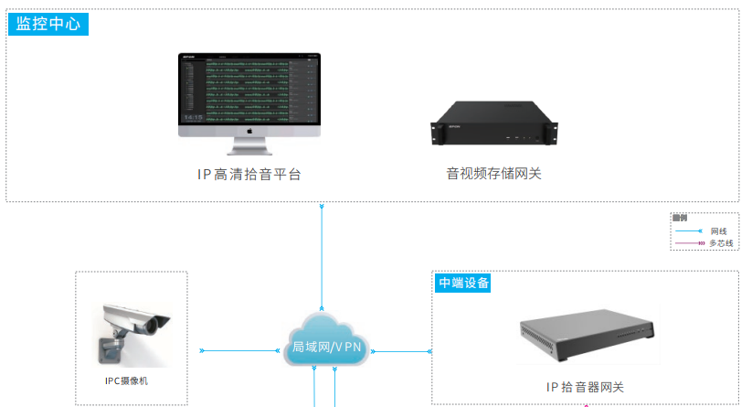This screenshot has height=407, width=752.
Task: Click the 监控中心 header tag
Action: [x=48, y=24]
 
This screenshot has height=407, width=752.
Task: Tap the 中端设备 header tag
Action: [x=463, y=283]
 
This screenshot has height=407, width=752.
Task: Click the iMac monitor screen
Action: [x=249, y=89]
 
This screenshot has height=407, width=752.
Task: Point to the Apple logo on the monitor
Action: [x=249, y=131]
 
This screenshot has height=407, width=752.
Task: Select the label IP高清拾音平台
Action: [x=249, y=174]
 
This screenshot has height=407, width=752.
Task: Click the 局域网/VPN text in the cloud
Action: [x=326, y=348]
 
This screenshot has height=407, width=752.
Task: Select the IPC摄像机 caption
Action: [x=132, y=380]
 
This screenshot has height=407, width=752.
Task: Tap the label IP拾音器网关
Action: [x=585, y=387]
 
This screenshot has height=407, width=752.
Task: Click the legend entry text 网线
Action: [x=718, y=231]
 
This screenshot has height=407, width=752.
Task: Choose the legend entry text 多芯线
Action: [x=722, y=243]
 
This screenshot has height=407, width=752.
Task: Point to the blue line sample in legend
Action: [x=688, y=231]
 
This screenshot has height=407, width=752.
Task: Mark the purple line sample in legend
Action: [x=688, y=243]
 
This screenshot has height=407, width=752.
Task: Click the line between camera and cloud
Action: [x=239, y=350]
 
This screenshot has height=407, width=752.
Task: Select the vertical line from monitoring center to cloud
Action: [x=322, y=256]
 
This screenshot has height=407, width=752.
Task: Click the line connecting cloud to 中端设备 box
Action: [x=402, y=350]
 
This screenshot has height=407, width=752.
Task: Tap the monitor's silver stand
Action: [x=249, y=146]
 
